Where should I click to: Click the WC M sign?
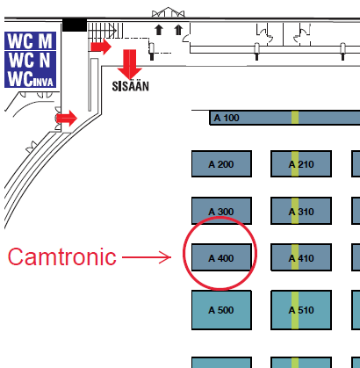coord(30,41)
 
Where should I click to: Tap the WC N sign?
coord(30,60)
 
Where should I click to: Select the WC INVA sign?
coord(30,78)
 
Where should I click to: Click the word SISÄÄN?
coord(131,86)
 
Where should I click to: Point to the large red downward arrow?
coord(129,64)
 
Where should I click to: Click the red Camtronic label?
coord(62,256)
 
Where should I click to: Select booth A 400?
coord(221,257)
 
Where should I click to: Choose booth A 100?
coord(284,118)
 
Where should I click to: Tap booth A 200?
coord(221,164)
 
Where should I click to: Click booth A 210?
coord(301,164)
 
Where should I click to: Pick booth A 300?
coord(221,211)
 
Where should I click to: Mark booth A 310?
coord(301,211)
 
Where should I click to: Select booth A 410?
coord(301,257)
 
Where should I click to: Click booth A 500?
coord(221,310)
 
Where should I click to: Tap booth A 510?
coord(301,310)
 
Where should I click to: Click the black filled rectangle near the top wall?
coord(75,25)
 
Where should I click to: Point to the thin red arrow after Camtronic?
coord(147,257)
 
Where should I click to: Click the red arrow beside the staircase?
coord(101,47)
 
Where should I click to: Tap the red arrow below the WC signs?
coord(67,119)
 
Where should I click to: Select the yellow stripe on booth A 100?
coord(295,118)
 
